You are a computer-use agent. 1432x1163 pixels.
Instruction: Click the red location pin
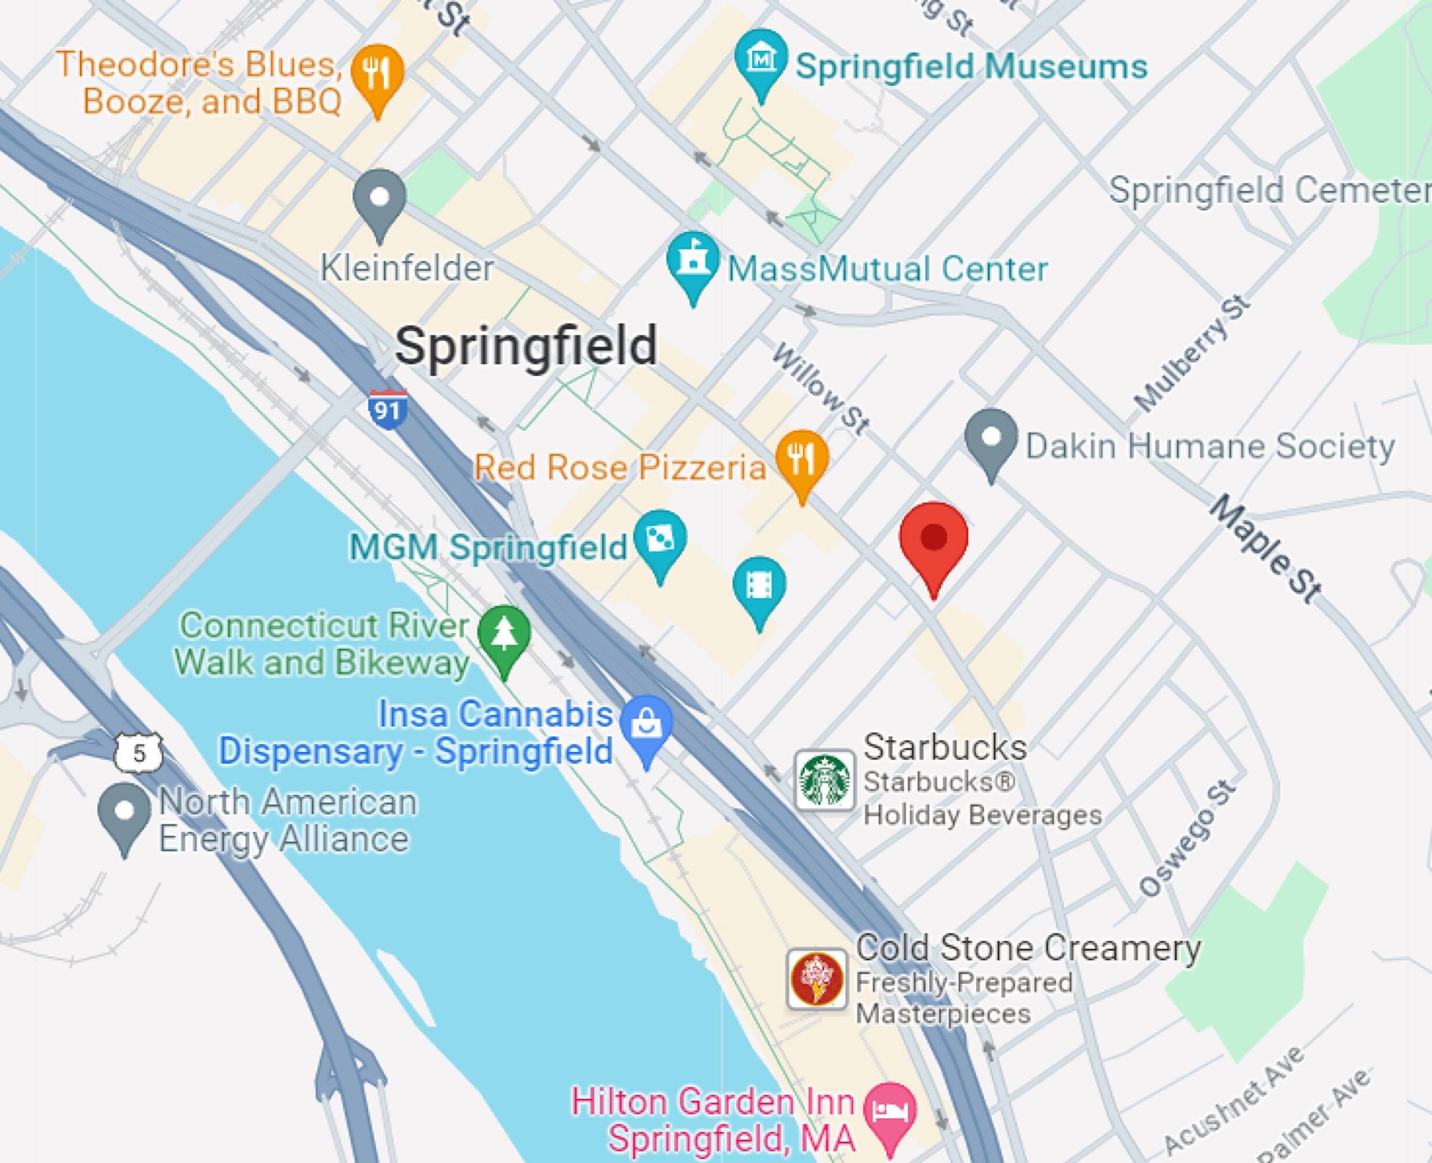pos(933,538)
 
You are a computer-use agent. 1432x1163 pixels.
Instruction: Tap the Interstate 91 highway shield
pos(387,407)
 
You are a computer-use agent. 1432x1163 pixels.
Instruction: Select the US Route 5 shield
pos(138,752)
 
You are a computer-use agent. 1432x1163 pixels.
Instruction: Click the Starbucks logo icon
pos(825,780)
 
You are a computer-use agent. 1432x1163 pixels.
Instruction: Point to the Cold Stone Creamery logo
pos(817,979)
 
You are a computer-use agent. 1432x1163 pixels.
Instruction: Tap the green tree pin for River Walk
pos(504,635)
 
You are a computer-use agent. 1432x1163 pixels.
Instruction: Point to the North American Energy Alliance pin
pos(124,812)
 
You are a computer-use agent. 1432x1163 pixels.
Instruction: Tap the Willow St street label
pos(821,388)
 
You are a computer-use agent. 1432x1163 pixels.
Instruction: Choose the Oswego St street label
pos(1187,838)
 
